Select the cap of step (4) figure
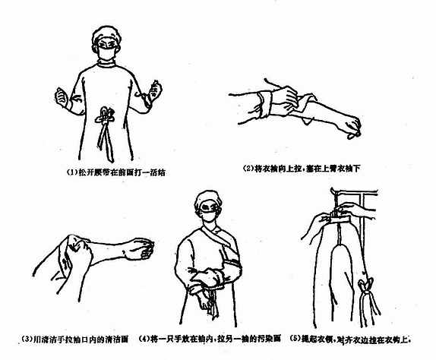coord(208,200)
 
